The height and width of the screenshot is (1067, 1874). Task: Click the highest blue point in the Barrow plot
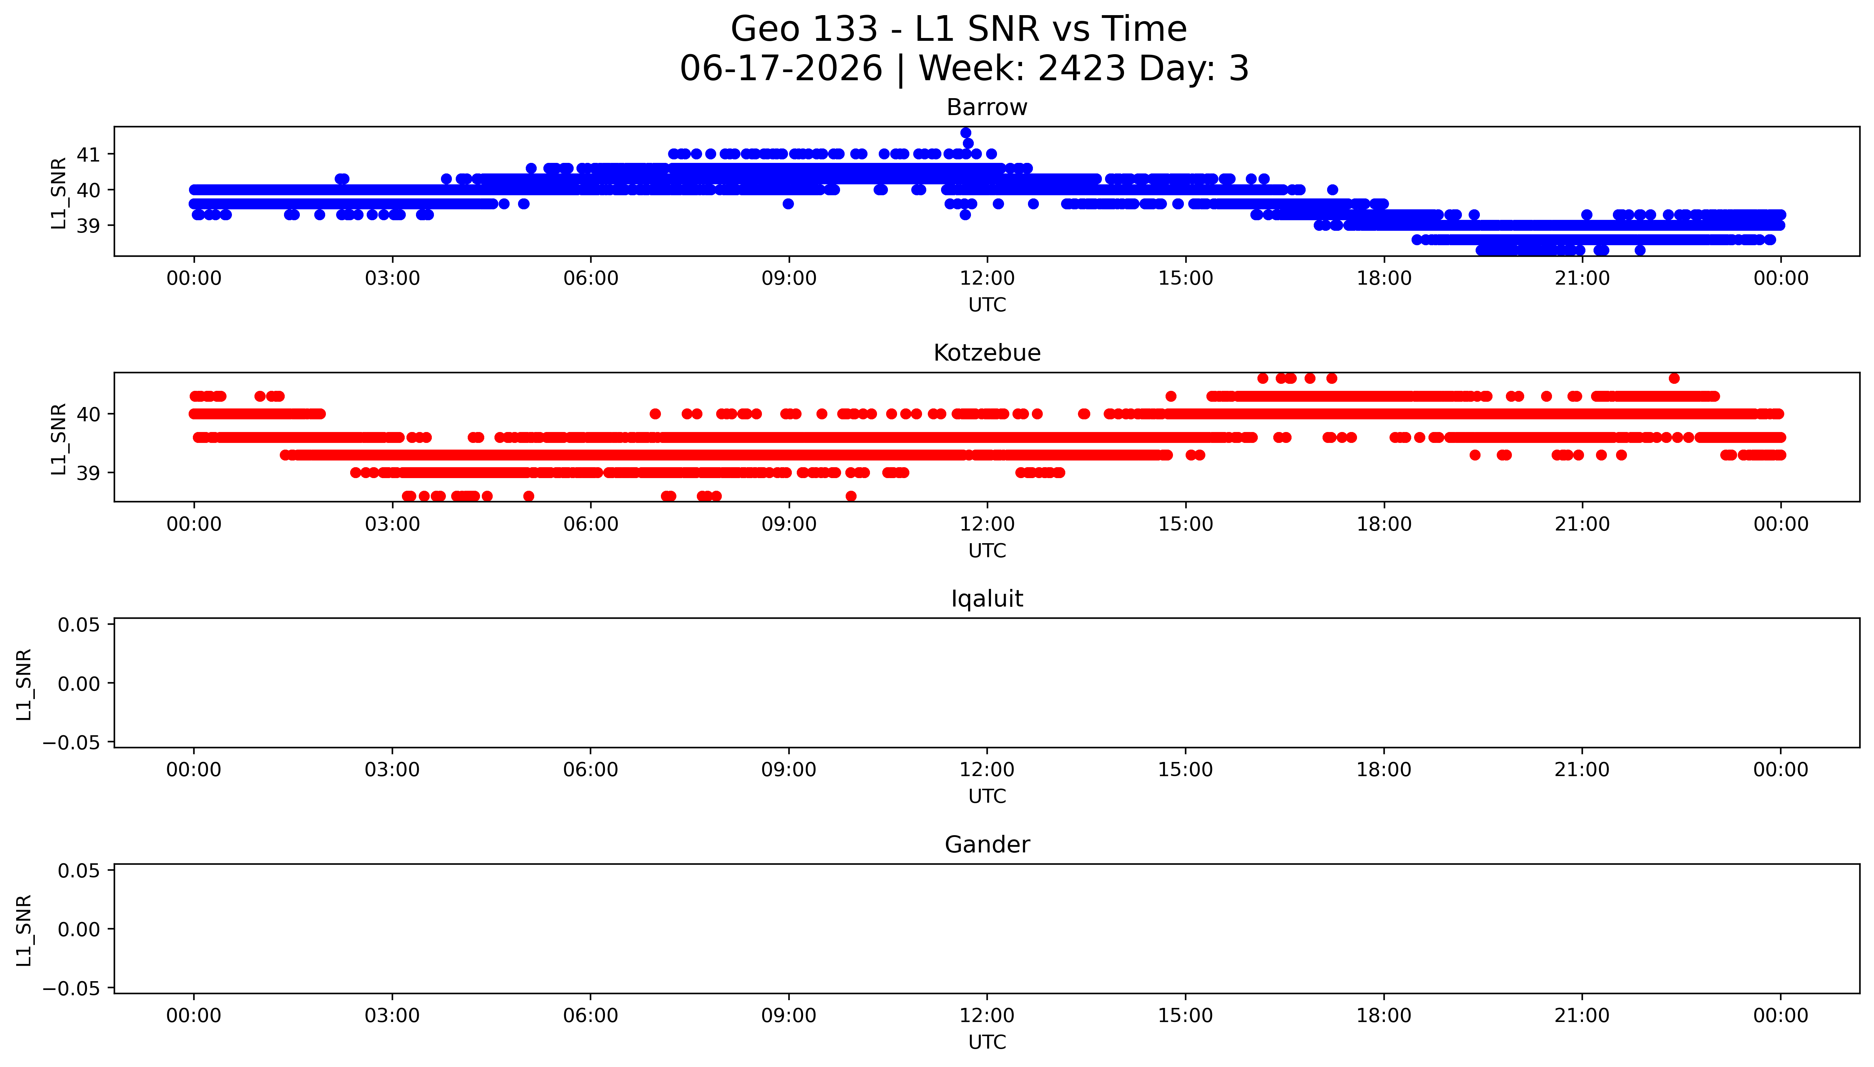pyautogui.click(x=966, y=133)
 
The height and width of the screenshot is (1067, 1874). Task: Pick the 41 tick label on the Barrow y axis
pyautogui.click(x=88, y=155)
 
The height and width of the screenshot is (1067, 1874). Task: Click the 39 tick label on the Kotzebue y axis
pyautogui.click(x=88, y=473)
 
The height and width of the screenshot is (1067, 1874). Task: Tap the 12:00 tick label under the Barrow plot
pyautogui.click(x=987, y=279)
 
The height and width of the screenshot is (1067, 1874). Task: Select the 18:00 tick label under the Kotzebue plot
pyautogui.click(x=1384, y=524)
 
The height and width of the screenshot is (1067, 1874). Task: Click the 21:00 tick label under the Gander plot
pyautogui.click(x=1582, y=1016)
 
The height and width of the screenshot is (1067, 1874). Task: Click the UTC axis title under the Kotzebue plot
pyautogui.click(x=987, y=550)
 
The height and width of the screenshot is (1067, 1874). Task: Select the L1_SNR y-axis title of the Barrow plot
pyautogui.click(x=59, y=193)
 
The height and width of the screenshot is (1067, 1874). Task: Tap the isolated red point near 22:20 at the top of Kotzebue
pyautogui.click(x=1674, y=378)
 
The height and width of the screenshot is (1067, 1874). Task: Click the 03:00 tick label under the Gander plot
pyautogui.click(x=392, y=1016)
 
